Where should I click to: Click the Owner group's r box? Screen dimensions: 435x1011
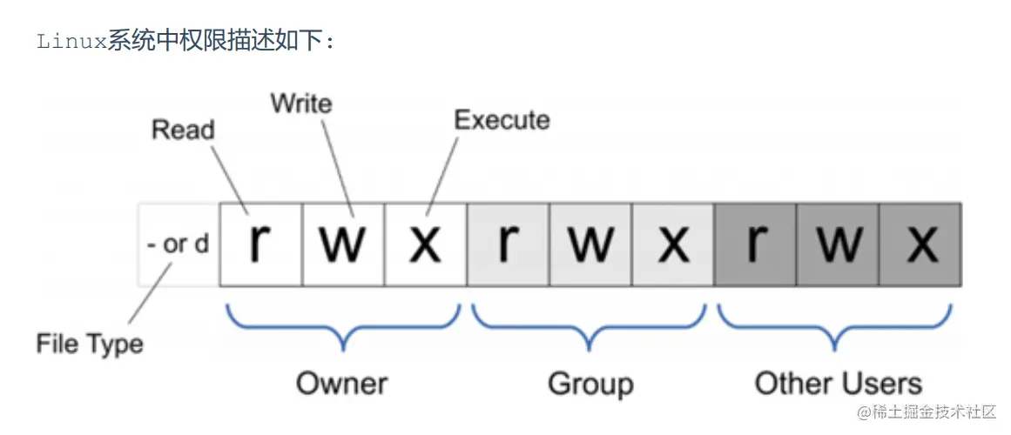(x=260, y=244)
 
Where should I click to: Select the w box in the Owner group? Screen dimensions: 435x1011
(x=343, y=244)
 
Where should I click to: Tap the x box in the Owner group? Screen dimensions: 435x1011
(x=425, y=244)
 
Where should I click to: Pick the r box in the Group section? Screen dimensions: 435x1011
(x=508, y=244)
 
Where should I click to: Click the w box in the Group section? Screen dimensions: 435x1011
(x=590, y=244)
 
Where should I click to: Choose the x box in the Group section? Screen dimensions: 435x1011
(x=673, y=244)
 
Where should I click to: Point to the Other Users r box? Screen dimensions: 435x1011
(x=755, y=244)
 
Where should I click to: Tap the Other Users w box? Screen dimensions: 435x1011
(x=838, y=244)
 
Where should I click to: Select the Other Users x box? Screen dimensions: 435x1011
(x=920, y=244)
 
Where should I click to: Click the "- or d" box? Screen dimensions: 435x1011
(x=178, y=244)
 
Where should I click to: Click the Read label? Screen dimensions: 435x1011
(x=183, y=130)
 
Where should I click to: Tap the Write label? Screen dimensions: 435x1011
(x=301, y=104)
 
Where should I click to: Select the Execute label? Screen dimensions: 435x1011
(x=502, y=120)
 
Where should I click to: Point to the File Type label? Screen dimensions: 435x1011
(x=90, y=344)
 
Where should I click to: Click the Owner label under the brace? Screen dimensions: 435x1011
(x=341, y=383)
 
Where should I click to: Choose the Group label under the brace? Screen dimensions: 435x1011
(x=590, y=383)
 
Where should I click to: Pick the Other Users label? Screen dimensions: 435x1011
(x=838, y=383)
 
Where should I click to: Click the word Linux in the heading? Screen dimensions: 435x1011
(x=71, y=41)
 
